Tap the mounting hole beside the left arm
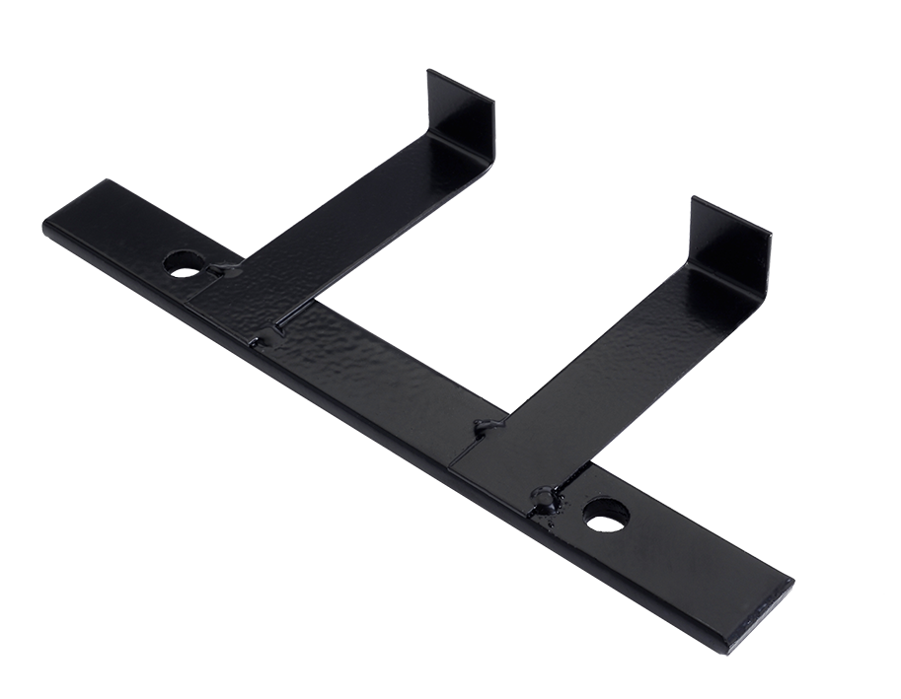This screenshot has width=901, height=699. (x=183, y=263)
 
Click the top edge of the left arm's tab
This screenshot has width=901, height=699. (x=460, y=83)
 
